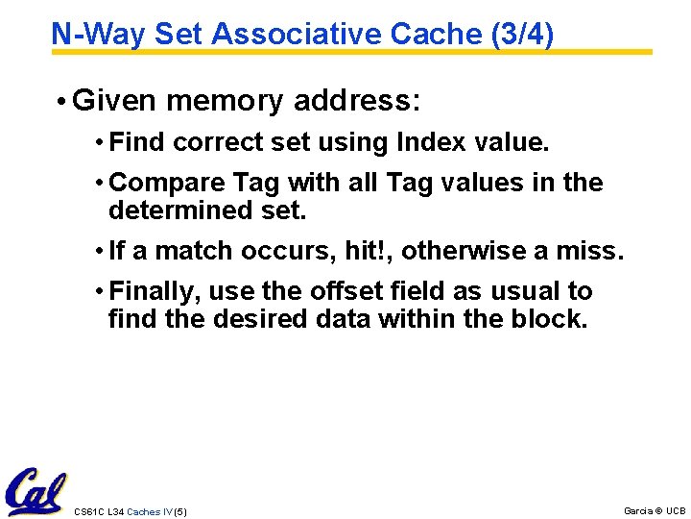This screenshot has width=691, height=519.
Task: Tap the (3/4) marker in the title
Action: pos(522,34)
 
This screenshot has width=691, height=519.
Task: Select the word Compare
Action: pos(157,183)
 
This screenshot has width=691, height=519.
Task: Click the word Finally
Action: pos(155,291)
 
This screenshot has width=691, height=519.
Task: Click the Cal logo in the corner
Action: pos(35,491)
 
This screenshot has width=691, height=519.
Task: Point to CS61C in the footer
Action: pos(87,511)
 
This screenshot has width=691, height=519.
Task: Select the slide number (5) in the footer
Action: pos(179,511)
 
